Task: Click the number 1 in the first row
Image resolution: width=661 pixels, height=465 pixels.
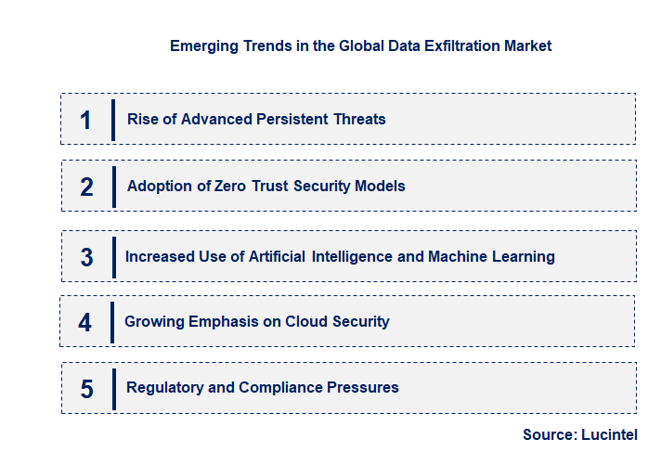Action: click(x=85, y=120)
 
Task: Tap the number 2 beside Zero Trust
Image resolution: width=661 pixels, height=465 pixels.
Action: click(x=86, y=187)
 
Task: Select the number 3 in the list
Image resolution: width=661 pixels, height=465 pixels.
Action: click(x=86, y=257)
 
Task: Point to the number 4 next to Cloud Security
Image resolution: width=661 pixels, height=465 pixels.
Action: click(x=85, y=322)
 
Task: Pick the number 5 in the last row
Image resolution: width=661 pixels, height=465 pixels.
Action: click(x=86, y=388)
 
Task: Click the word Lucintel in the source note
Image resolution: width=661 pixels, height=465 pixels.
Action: click(x=611, y=434)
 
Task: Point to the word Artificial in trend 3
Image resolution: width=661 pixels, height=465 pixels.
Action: click(x=279, y=256)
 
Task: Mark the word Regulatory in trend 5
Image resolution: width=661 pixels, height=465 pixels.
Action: click(x=164, y=387)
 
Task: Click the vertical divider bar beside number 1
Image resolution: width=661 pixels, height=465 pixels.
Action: click(x=113, y=120)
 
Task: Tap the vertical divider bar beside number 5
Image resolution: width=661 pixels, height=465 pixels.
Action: click(x=113, y=387)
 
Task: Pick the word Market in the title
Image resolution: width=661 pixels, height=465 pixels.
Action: click(x=527, y=45)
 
